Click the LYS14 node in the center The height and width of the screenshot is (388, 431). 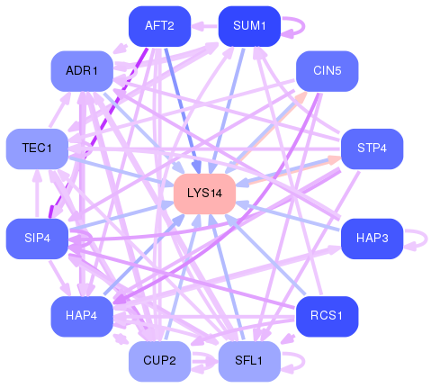point(204,194)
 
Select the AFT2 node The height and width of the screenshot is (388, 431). point(159,26)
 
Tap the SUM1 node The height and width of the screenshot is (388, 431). point(249,26)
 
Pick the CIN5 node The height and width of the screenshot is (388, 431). point(328,71)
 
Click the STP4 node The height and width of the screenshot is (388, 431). point(373,149)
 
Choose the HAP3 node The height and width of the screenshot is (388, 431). point(373,239)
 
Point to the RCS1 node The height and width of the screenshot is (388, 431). point(328,316)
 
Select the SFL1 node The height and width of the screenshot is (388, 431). point(249,361)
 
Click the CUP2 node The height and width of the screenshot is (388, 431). point(159,361)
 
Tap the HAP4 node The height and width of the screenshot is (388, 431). point(82,316)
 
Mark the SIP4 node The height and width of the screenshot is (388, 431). point(37,239)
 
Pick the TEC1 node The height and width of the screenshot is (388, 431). point(37,149)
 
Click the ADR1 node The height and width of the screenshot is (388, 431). point(82,71)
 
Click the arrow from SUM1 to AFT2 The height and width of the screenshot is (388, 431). point(204,26)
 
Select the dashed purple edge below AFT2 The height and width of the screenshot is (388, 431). point(98,132)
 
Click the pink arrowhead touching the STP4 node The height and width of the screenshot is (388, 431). point(335,160)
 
